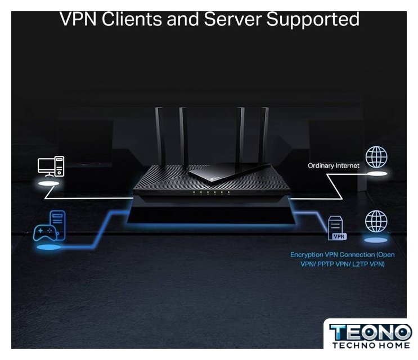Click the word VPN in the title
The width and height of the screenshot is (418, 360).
pos(78,19)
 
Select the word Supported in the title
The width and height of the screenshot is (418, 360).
pos(313,19)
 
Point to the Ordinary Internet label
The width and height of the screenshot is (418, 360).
pos(334,166)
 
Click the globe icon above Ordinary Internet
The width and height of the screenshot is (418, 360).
pos(376,157)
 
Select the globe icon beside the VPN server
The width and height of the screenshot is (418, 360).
pos(376,221)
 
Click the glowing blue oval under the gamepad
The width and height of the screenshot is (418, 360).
pos(47,247)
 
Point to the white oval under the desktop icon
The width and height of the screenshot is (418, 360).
pos(49,184)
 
